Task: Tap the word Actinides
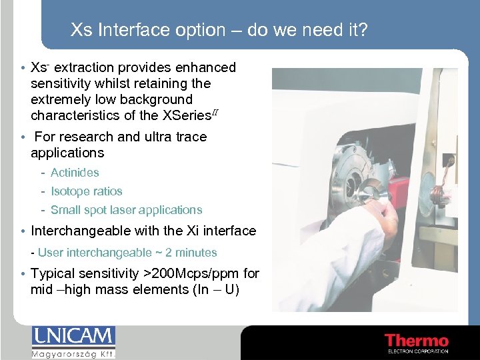75,173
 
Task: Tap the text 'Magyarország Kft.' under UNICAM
73,353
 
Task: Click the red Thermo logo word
416,340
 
